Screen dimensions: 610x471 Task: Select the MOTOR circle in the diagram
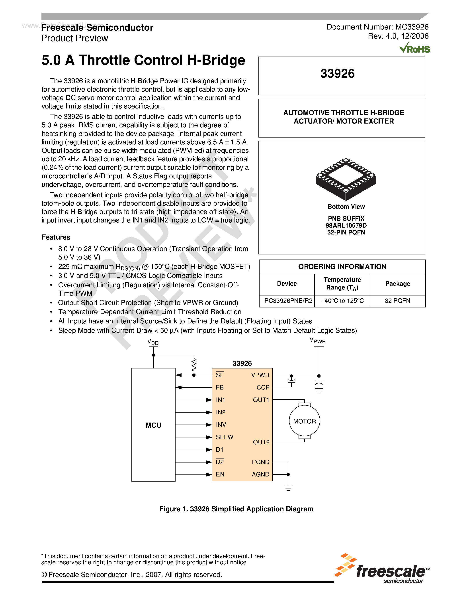tap(304, 421)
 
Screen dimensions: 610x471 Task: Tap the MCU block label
tap(153, 425)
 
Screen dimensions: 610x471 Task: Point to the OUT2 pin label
tap(261, 442)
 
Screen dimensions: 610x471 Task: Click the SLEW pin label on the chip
tap(224, 437)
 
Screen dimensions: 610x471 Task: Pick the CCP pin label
tap(263, 387)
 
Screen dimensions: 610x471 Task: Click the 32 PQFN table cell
tap(397, 301)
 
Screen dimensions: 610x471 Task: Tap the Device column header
tap(287, 283)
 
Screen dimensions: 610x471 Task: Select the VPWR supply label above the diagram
tap(318, 340)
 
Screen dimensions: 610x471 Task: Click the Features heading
tap(56, 237)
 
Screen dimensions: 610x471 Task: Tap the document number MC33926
tap(377, 27)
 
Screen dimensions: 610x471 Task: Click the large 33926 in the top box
tap(337, 74)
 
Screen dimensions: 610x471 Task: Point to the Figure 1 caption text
tap(236, 509)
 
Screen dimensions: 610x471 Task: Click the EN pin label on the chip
tap(220, 474)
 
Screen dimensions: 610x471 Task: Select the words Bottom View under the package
tap(346, 207)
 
